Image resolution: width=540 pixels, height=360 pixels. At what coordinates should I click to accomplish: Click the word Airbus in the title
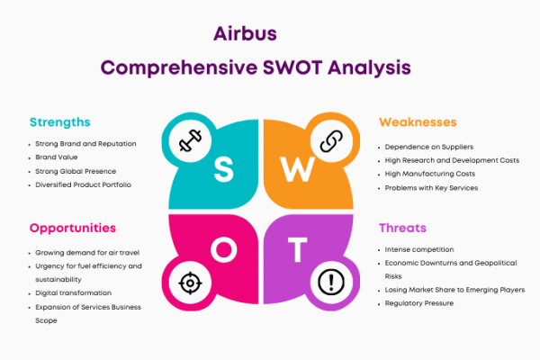[245, 34]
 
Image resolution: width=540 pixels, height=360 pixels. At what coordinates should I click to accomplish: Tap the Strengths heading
[60, 122]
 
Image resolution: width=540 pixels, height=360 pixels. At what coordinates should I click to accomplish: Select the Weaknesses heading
[418, 122]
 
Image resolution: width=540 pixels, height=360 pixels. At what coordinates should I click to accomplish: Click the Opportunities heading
[73, 229]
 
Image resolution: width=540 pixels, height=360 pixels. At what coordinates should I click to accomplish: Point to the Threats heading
[402, 228]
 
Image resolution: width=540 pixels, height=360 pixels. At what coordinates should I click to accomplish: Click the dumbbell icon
[190, 140]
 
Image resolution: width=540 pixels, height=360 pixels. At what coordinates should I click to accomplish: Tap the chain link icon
[331, 141]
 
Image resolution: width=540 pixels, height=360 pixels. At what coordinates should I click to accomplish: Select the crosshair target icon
[190, 283]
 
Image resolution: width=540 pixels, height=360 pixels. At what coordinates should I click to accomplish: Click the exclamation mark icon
[331, 283]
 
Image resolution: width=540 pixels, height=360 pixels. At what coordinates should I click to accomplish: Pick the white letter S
[224, 169]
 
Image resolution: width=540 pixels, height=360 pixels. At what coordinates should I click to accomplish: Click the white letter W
[297, 169]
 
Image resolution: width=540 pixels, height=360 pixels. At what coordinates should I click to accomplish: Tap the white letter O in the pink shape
[224, 250]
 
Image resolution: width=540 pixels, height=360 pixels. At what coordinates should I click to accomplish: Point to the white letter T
[298, 249]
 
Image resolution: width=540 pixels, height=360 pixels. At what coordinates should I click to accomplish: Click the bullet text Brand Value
[57, 157]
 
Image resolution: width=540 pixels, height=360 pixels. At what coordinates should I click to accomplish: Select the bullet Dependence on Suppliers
[429, 147]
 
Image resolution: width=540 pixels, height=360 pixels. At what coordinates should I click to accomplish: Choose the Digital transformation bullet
[74, 293]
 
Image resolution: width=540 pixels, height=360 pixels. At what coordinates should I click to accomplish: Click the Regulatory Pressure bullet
[419, 303]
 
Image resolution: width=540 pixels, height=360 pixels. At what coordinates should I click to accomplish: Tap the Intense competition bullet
[419, 249]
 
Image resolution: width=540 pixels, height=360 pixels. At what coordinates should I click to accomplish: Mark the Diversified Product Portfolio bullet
[83, 185]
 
